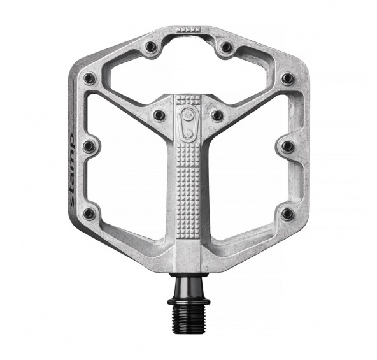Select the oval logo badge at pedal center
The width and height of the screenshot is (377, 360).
[x=188, y=123]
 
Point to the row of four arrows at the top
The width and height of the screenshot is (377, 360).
[x=188, y=29]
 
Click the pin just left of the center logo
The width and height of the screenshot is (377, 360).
[x=159, y=114]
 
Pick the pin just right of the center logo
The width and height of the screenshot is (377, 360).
[x=217, y=115]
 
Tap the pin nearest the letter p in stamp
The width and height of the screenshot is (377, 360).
[x=89, y=145]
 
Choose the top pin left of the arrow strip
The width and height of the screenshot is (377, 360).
[x=150, y=45]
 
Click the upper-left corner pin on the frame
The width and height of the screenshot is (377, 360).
[x=89, y=78]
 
